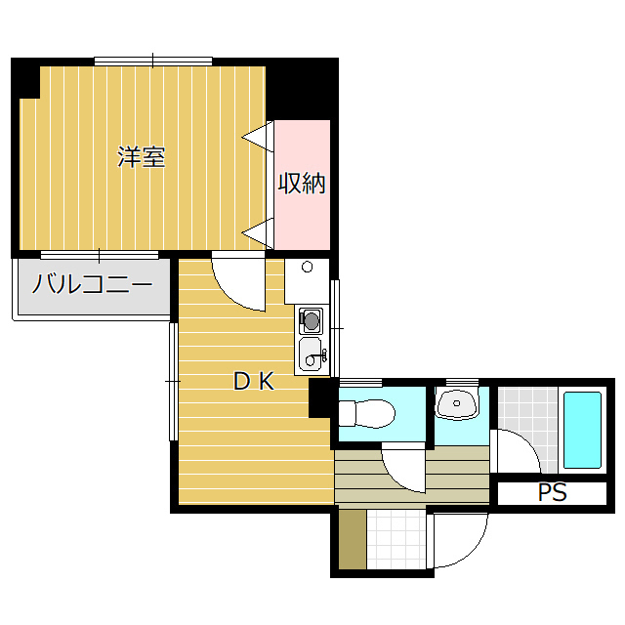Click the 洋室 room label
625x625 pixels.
[142, 156]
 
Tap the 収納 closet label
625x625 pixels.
[302, 184]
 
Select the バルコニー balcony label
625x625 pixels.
[92, 284]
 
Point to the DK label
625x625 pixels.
[254, 381]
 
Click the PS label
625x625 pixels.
[553, 492]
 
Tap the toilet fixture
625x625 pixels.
[367, 413]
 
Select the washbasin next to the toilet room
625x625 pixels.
[457, 402]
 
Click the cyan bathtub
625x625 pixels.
[582, 430]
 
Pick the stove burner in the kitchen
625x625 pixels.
[311, 320]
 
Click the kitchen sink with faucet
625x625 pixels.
[312, 354]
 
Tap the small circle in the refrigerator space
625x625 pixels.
[307, 267]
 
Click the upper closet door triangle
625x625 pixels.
[258, 137]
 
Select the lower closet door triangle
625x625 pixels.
[258, 233]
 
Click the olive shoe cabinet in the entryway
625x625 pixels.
[353, 539]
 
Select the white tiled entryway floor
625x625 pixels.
[396, 539]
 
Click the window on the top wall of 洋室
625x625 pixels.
[153, 62]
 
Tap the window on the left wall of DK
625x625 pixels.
[174, 382]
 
